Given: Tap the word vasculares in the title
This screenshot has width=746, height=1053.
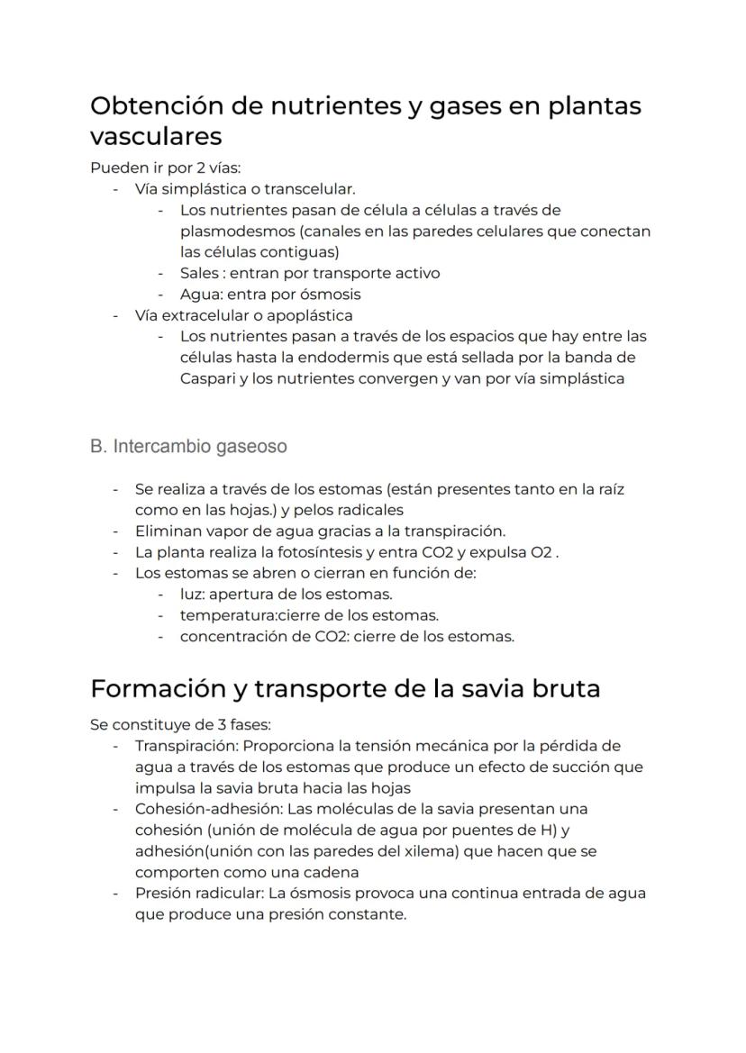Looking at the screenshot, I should pyautogui.click(x=156, y=137).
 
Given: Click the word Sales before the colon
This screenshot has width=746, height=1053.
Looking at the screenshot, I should pyautogui.click(x=198, y=273).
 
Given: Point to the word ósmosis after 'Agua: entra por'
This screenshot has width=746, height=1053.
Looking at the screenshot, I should pyautogui.click(x=331, y=295).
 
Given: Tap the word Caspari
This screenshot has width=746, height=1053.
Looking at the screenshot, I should pyautogui.click(x=207, y=378).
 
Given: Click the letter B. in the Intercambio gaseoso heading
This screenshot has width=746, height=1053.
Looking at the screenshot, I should pyautogui.click(x=98, y=447).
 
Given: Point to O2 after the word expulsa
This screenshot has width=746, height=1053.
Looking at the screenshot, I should pyautogui.click(x=541, y=552).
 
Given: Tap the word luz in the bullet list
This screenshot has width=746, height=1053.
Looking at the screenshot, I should pyautogui.click(x=191, y=595).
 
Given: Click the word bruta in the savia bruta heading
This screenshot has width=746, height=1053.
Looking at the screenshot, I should pyautogui.click(x=559, y=689).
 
